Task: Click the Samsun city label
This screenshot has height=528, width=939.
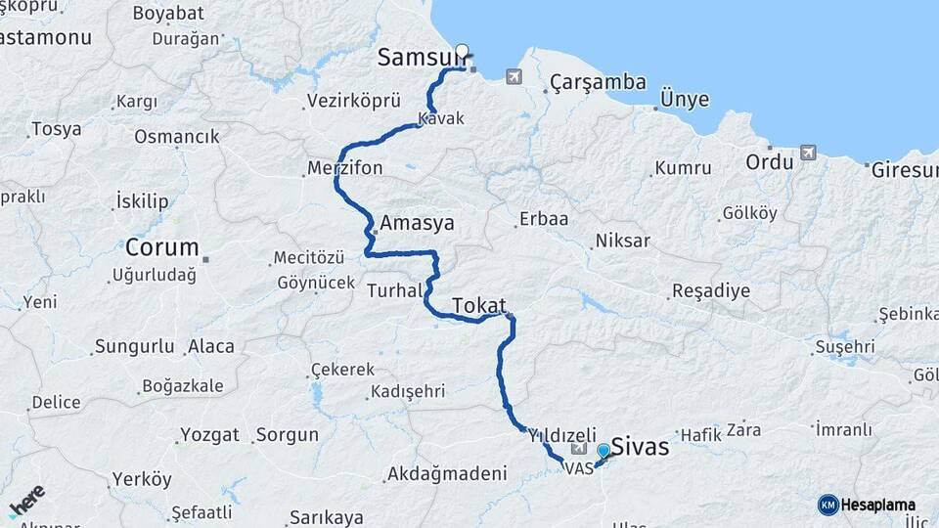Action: coord(417,59)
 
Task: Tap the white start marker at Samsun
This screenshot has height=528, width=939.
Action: coord(462,51)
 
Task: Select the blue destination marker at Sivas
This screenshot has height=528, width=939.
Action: coord(604,450)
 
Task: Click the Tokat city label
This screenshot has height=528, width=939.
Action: coord(479,305)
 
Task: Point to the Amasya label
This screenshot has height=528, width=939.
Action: coord(418,223)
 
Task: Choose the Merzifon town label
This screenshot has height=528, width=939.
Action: coord(344,168)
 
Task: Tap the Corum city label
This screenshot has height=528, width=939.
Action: coord(161,247)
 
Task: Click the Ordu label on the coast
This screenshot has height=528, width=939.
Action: coord(770,161)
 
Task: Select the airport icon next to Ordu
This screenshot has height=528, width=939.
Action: coord(808,153)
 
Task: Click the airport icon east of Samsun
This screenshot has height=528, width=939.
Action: coord(514,76)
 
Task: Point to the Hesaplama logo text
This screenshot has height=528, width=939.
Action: coord(877,505)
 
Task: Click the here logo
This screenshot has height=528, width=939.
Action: coord(26,500)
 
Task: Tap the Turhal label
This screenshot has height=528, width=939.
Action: coord(395,290)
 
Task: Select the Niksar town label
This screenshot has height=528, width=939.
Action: coord(623,241)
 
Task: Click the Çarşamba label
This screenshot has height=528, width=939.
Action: coord(598,82)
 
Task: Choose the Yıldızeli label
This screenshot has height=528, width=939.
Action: coord(562,434)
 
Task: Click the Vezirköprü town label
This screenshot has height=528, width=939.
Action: coord(353,101)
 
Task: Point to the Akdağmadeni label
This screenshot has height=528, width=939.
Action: coord(447,474)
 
